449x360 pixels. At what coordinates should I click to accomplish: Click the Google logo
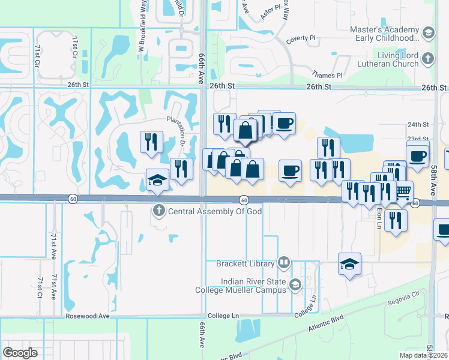pos(20,353)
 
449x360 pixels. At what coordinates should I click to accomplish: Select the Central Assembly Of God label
pos(215,211)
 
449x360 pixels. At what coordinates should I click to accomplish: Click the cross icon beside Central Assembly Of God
pos(158,210)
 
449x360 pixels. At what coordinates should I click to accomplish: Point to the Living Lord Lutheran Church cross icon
pos(427,58)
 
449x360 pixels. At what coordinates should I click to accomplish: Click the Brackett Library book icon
pos(284,263)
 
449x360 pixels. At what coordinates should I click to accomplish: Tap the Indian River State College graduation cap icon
pos(295,284)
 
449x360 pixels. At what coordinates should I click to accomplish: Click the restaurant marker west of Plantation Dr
pos(150,142)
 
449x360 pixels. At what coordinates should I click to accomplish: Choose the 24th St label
pos(418,125)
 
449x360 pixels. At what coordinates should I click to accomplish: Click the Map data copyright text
pos(424,355)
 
